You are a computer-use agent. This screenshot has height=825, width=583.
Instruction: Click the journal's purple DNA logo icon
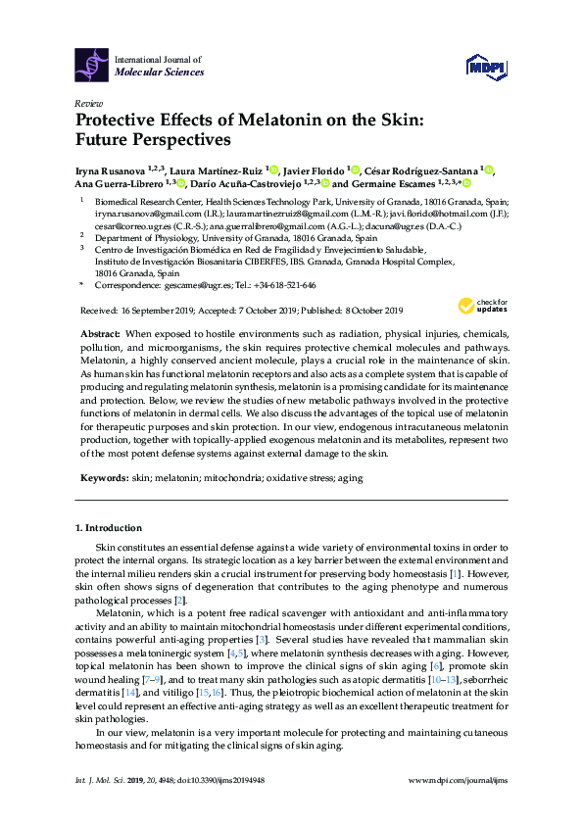[92, 65]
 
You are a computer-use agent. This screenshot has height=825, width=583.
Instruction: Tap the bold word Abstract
[99, 334]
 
